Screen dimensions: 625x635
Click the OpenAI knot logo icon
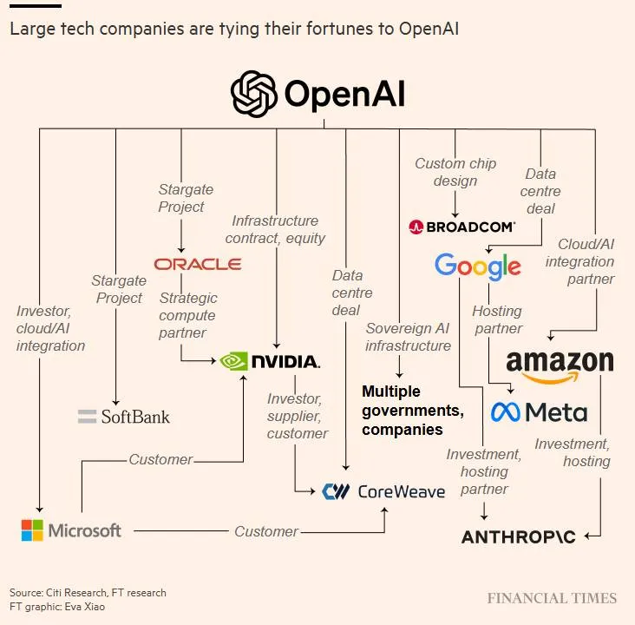point(253,94)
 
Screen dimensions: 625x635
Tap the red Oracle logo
point(197,264)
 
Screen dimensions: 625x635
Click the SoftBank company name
point(135,417)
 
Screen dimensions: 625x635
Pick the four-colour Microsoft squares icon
point(32,530)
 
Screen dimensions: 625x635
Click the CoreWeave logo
point(383,491)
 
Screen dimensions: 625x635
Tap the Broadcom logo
point(462,227)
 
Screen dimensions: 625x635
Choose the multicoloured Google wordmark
point(478,266)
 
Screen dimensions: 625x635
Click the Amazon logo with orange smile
point(560,365)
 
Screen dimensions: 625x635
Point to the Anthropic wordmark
point(518,537)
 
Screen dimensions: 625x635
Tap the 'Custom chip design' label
point(455,172)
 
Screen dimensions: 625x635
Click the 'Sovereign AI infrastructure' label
point(408,337)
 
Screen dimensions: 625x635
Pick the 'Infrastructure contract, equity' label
point(275,229)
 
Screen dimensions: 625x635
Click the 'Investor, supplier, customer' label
point(298,416)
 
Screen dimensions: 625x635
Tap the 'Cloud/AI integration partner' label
point(586,261)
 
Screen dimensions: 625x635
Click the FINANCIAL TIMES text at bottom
point(552,598)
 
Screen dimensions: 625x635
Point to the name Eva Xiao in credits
point(90,606)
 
